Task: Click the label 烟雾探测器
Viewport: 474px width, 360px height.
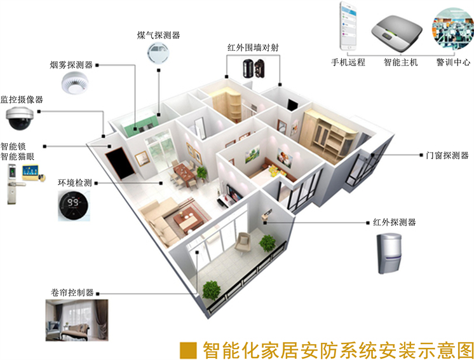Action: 72,64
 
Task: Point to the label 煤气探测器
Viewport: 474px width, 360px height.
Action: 158,34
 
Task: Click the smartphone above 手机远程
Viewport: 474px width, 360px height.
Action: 346,27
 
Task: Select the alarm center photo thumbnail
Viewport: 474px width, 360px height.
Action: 452,29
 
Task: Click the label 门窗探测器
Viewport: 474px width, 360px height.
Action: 447,155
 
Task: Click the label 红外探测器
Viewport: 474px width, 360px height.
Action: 395,223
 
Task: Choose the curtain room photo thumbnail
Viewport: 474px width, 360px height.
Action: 76,319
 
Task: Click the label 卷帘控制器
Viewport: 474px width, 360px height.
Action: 72,293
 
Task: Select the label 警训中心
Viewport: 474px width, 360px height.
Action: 453,62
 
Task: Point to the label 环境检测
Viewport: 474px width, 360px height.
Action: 75,183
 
